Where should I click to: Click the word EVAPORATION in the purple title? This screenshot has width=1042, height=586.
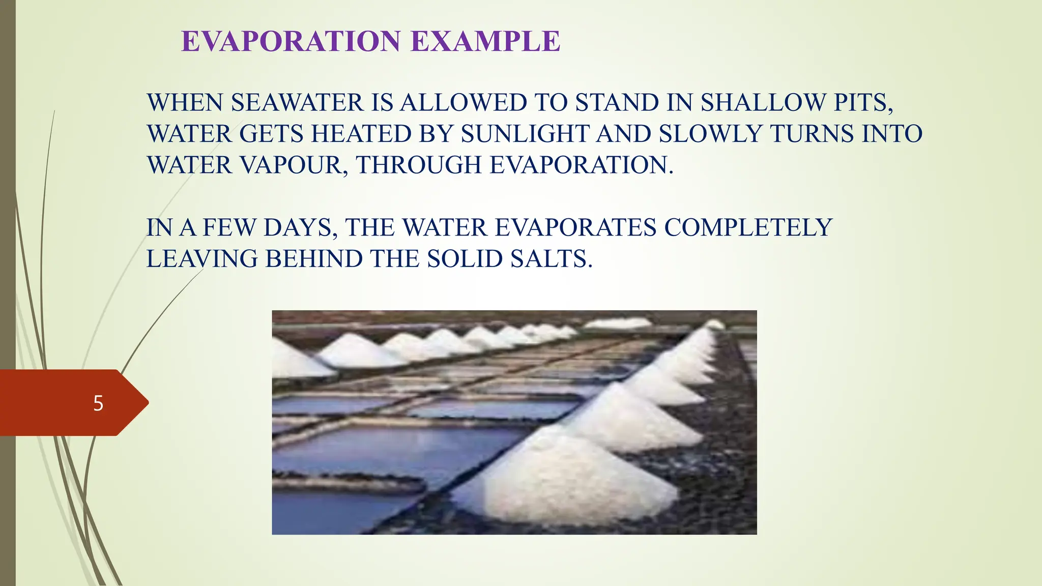coord(291,42)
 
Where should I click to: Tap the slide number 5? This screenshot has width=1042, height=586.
coord(98,403)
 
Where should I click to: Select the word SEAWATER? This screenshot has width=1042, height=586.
coord(297,103)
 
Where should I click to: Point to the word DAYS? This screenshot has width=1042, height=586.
coord(300,227)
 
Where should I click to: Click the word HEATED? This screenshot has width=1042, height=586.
coord(361,134)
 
